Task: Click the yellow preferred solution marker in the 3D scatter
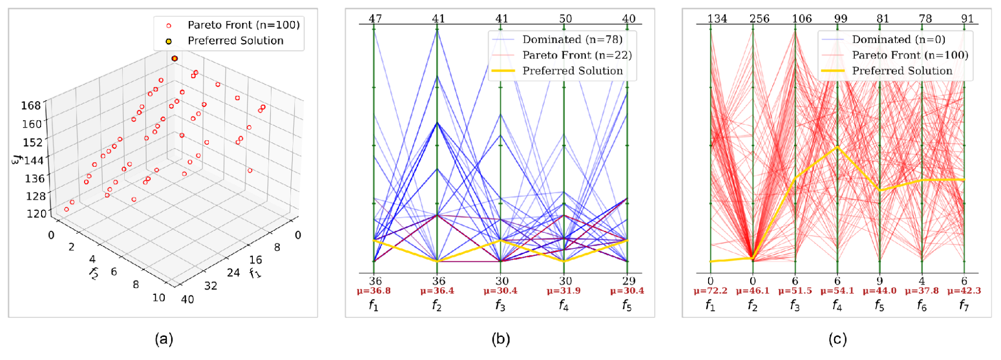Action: click(x=174, y=59)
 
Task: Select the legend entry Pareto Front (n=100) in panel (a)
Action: click(x=243, y=25)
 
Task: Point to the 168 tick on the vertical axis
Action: click(x=31, y=106)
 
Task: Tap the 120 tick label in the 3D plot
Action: click(x=37, y=214)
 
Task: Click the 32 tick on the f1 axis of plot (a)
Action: click(x=211, y=285)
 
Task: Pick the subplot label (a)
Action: click(x=164, y=339)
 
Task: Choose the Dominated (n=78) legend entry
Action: click(x=572, y=40)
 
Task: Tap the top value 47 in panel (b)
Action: click(x=375, y=19)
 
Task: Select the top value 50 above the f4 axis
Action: click(x=565, y=19)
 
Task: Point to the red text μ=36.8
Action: click(x=374, y=291)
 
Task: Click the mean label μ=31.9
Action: click(x=564, y=291)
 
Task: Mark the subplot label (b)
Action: click(x=501, y=339)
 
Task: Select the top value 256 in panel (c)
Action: click(x=759, y=19)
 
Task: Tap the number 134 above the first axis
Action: click(x=717, y=19)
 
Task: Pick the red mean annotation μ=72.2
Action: click(x=711, y=291)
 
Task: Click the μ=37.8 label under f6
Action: click(x=922, y=291)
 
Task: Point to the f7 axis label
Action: click(x=964, y=305)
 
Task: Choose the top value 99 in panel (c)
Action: click(x=841, y=19)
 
